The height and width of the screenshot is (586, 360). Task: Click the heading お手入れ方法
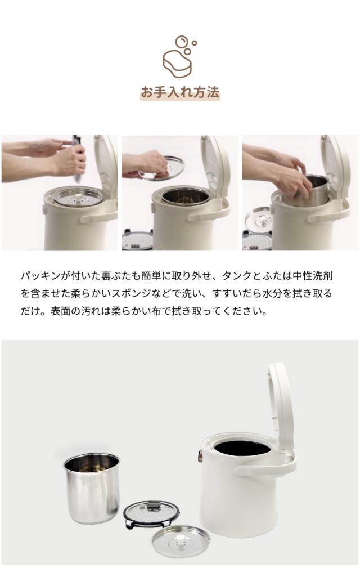pos(179,92)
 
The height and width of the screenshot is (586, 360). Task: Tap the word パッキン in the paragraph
pos(40,276)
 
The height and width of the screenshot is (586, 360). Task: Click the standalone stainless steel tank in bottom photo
pos(92,487)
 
